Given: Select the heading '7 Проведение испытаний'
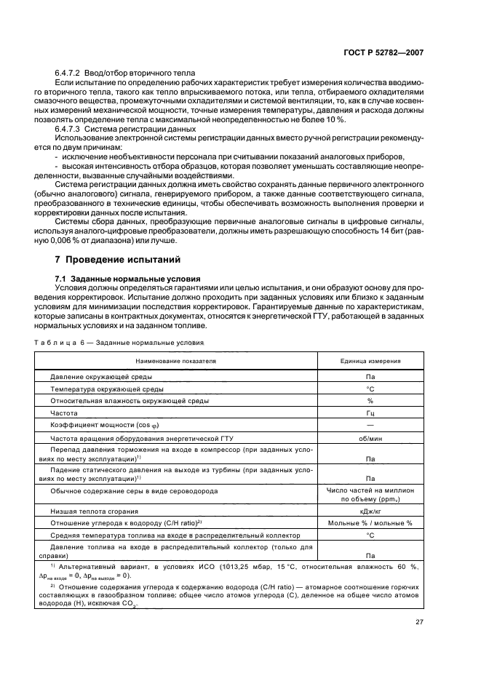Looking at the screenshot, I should (x=114, y=260).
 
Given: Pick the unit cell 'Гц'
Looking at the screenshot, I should (x=370, y=413).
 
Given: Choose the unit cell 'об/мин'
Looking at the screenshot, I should (x=370, y=439).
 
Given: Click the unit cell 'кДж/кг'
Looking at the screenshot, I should (x=370, y=511).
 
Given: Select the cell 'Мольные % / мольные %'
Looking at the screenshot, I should (x=370, y=522).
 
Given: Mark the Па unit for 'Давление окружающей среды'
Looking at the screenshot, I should (x=370, y=378).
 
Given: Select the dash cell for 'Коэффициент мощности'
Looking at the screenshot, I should (x=370, y=425).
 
